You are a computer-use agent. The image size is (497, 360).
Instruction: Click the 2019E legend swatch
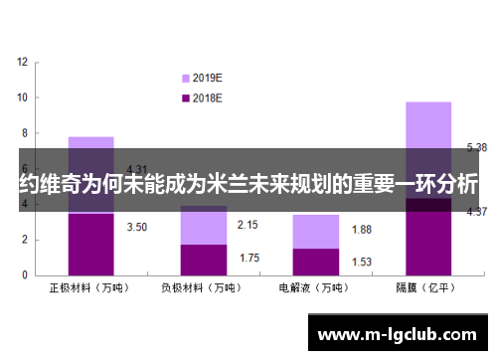point(185,78)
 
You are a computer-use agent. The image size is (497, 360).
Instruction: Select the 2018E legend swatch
point(185,97)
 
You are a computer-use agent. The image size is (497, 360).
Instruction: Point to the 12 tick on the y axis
point(23,62)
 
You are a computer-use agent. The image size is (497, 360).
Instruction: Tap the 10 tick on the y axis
point(23,97)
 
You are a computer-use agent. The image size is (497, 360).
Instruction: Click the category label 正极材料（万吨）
point(90,288)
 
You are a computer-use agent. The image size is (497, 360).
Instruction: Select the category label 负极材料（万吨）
point(203,288)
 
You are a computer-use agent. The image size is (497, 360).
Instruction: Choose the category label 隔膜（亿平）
point(427,288)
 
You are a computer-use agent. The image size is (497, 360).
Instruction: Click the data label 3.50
point(137,227)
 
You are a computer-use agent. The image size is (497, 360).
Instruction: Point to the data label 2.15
point(248,225)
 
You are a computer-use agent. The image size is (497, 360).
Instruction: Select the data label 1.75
point(248,258)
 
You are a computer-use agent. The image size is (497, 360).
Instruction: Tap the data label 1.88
point(361,230)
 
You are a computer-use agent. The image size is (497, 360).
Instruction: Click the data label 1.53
point(361,261)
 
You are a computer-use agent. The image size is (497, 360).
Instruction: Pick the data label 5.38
point(476,147)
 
